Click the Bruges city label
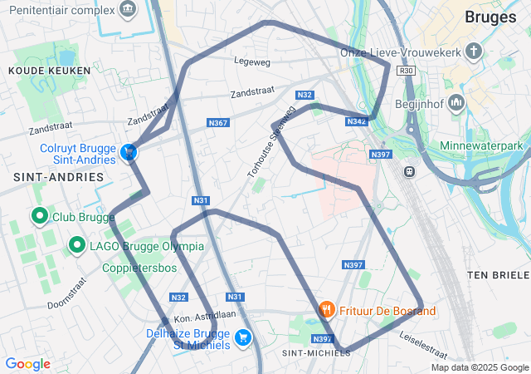(490, 17)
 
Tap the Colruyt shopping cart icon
(129, 152)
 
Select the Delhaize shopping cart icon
(243, 337)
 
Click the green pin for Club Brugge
(39, 217)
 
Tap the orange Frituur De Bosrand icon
(328, 310)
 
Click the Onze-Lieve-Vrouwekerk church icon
(474, 52)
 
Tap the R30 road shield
(406, 71)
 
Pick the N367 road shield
(218, 123)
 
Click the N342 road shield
(356, 121)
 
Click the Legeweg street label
(252, 61)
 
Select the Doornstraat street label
(66, 293)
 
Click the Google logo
(27, 364)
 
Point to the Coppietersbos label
(139, 268)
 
